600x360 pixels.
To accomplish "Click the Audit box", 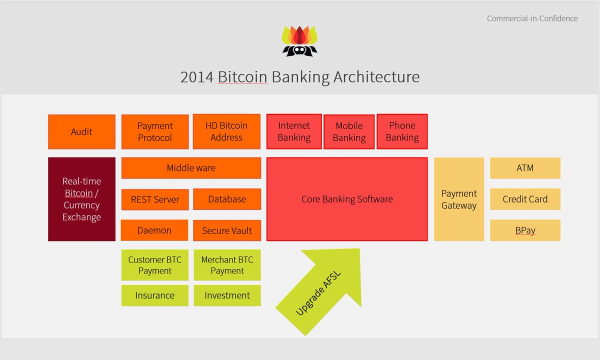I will pyautogui.click(x=81, y=132).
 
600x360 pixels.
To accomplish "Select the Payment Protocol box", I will pyautogui.click(x=155, y=132).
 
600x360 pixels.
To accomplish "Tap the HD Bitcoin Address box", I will pyautogui.click(x=226, y=132).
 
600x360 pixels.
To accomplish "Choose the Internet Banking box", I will pyautogui.click(x=294, y=132).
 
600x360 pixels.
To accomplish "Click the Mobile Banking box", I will pyautogui.click(x=349, y=132).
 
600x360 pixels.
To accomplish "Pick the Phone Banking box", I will pyautogui.click(x=402, y=132).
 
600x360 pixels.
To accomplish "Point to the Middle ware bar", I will pyautogui.click(x=191, y=168).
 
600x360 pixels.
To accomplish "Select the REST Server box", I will pyautogui.click(x=155, y=199).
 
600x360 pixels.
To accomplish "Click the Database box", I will pyautogui.click(x=227, y=199).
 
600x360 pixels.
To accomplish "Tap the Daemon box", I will pyautogui.click(x=154, y=230).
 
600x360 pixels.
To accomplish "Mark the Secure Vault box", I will pyautogui.click(x=227, y=230).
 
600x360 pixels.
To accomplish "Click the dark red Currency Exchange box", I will pyautogui.click(x=81, y=199).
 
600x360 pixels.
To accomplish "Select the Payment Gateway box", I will pyautogui.click(x=459, y=199).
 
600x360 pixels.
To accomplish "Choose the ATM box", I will pyautogui.click(x=525, y=168).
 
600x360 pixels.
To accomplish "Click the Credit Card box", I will pyautogui.click(x=525, y=199).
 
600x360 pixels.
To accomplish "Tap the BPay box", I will pyautogui.click(x=525, y=230).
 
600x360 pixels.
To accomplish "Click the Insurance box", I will pyautogui.click(x=155, y=295).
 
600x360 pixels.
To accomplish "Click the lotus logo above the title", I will pyautogui.click(x=299, y=41).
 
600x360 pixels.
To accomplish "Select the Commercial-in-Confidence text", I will pyautogui.click(x=532, y=18).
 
